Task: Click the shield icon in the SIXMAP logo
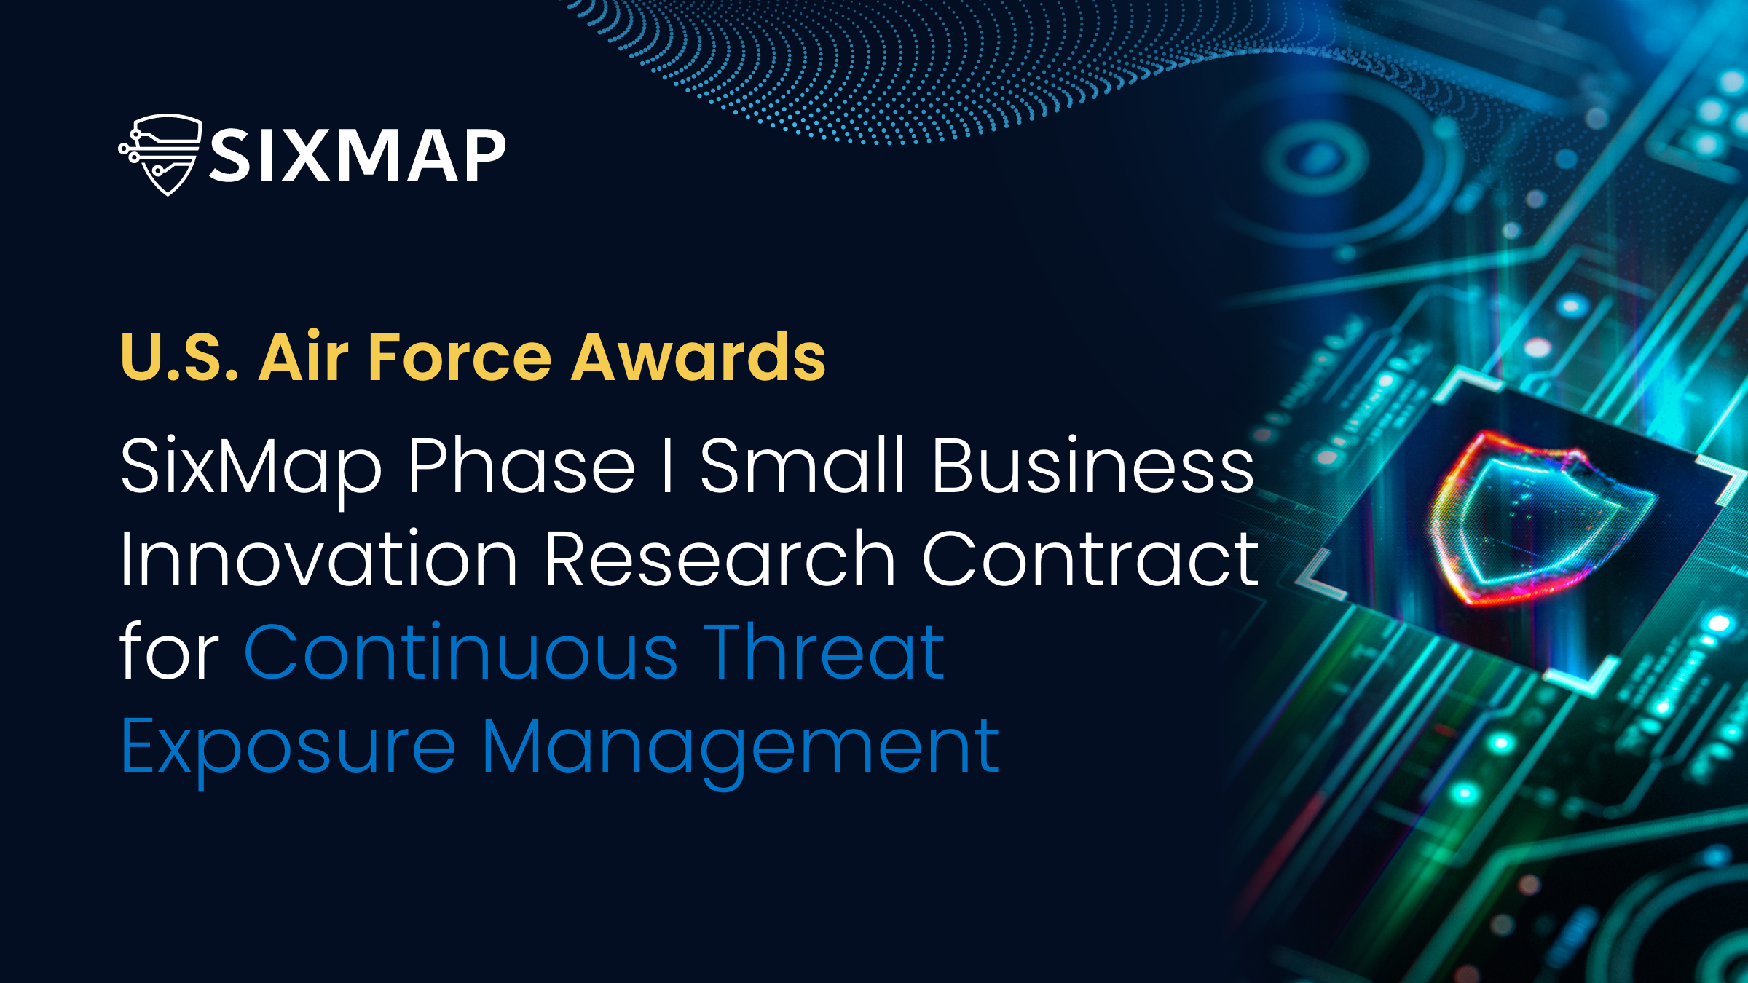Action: pos(161,154)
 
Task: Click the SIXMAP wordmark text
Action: pos(358,155)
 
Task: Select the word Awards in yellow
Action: pos(698,357)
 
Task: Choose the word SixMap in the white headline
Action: pos(251,470)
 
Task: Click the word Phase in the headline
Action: pos(521,465)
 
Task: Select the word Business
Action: pos(1093,465)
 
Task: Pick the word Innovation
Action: pos(319,558)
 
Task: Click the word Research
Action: pos(720,558)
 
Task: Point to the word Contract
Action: pos(1090,558)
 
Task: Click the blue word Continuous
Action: pos(461,652)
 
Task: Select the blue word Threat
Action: pos(825,652)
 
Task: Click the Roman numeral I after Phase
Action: pos(667,465)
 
